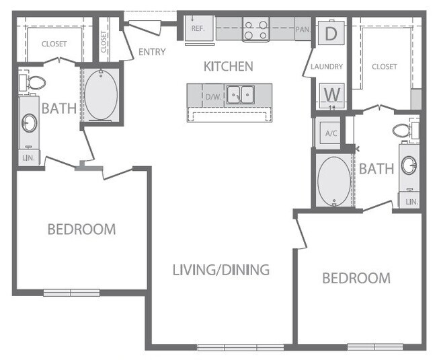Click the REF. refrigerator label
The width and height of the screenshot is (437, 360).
click(198, 29)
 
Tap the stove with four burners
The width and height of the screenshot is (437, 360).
click(255, 30)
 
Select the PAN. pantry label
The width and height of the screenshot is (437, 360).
click(302, 30)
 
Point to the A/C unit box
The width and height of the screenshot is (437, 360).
click(331, 133)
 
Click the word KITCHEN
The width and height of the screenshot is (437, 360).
click(228, 66)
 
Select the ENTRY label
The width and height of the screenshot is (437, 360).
click(151, 52)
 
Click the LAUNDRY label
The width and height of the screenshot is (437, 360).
click(327, 67)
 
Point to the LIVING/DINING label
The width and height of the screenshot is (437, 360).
click(221, 270)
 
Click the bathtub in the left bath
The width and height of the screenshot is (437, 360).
click(101, 96)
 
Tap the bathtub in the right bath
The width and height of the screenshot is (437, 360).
click(333, 182)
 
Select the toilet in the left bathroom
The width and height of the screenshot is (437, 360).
click(32, 83)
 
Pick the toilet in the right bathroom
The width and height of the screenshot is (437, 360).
click(405, 131)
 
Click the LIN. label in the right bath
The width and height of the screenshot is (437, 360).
click(411, 201)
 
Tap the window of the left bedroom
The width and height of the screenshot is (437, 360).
click(71, 293)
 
